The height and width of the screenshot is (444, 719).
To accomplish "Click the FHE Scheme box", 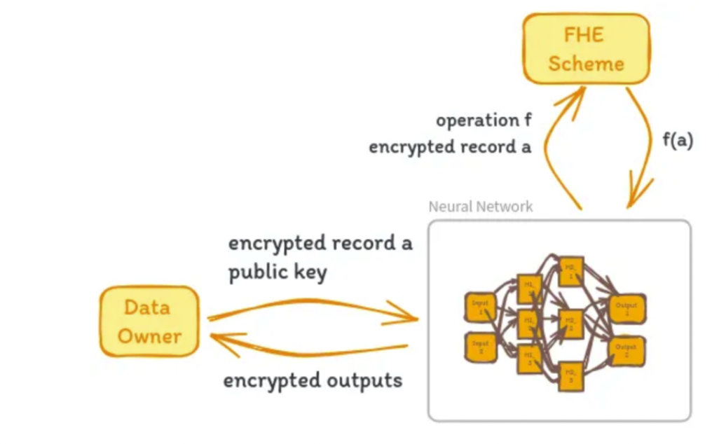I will click(x=586, y=49).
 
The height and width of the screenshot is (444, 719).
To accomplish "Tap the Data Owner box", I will click(x=149, y=321).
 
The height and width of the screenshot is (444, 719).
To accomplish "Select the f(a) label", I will click(x=677, y=141).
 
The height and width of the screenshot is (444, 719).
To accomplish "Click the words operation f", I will click(x=483, y=120).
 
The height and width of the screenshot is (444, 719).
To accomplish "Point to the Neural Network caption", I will click(x=480, y=207).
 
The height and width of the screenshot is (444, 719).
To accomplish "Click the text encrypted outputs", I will click(x=313, y=380).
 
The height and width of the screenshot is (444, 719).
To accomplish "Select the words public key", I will click(x=278, y=272).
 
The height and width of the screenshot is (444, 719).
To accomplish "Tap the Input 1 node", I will click(x=480, y=307).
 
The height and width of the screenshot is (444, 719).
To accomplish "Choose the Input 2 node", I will click(x=480, y=347).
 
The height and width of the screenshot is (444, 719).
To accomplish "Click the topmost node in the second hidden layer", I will click(x=570, y=270).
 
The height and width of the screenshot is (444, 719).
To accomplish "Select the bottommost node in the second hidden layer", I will click(x=570, y=376).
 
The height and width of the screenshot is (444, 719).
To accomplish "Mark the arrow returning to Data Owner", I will click(x=308, y=348).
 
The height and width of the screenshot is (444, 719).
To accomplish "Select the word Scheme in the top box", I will click(x=586, y=64).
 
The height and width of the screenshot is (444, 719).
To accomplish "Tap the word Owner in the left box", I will click(x=149, y=335).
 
